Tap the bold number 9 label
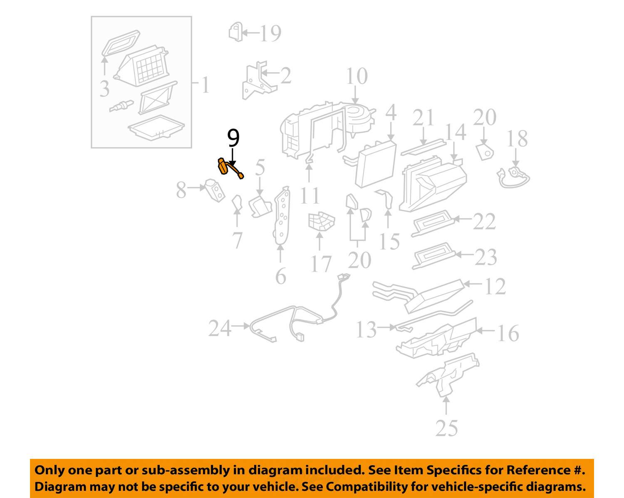(x=233, y=138)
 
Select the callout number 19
(x=270, y=33)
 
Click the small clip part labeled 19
(x=235, y=32)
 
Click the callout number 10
(x=357, y=76)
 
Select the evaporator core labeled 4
(x=375, y=163)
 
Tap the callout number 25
(x=446, y=428)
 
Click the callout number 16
(x=508, y=333)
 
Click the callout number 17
(x=321, y=264)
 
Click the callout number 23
(x=485, y=257)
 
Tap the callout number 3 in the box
(x=104, y=89)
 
